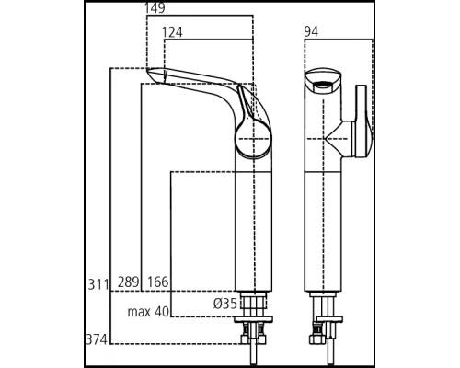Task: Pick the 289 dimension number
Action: point(128,283)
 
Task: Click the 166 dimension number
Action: point(157,283)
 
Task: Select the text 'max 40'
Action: point(148,312)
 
